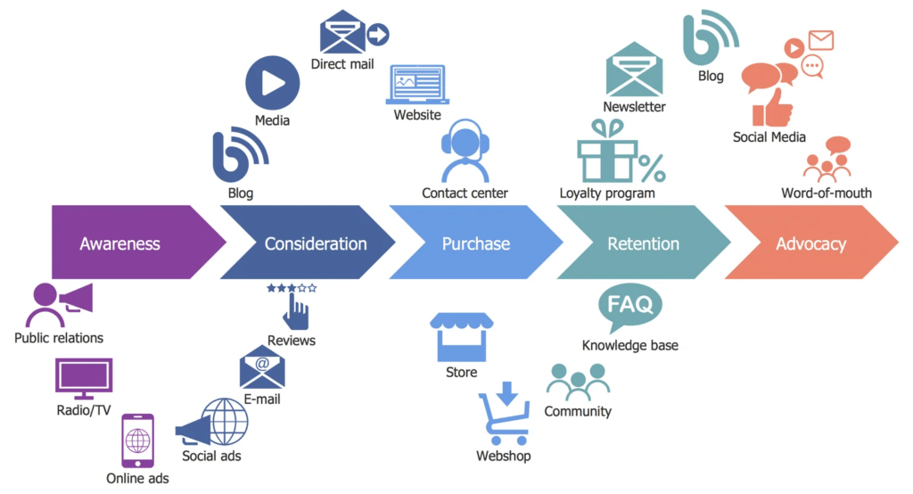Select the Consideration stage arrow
(312, 243)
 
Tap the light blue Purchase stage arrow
(476, 243)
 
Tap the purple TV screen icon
(84, 379)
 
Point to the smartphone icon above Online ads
(137, 440)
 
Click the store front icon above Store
(461, 335)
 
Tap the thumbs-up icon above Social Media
(772, 108)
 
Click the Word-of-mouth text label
(827, 193)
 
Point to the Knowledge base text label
(629, 345)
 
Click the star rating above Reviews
(292, 288)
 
